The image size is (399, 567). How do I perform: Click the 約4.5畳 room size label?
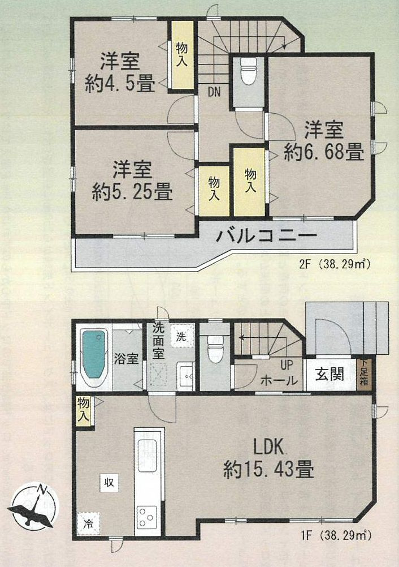click(120, 84)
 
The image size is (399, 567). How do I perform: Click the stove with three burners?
click(149, 516)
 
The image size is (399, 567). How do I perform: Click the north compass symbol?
click(34, 503)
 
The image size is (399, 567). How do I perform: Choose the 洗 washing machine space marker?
click(180, 335)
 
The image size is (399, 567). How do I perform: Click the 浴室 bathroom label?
click(127, 359)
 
